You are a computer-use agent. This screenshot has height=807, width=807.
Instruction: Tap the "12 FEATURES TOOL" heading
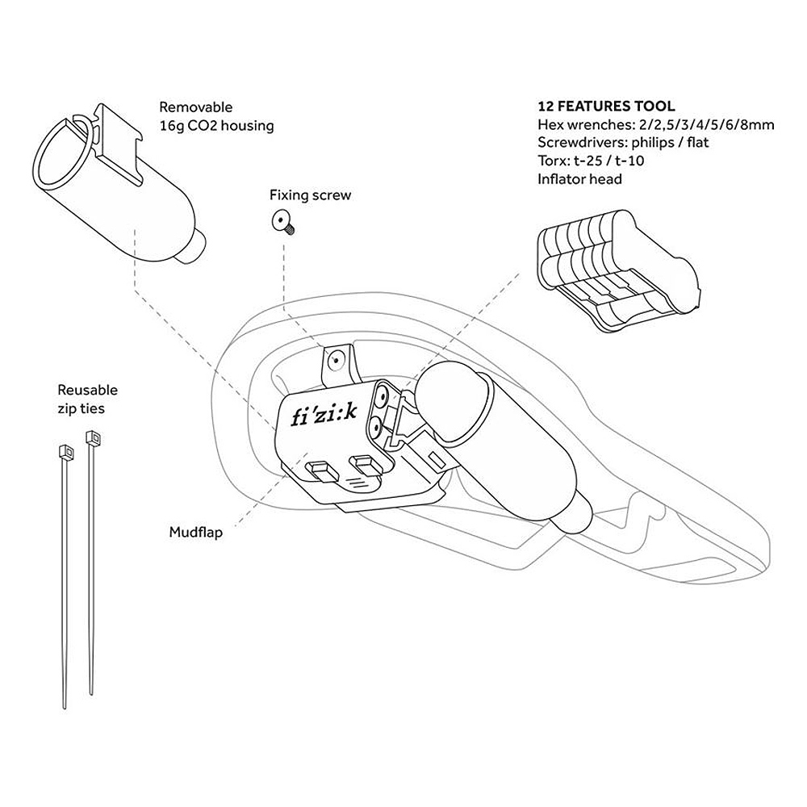[x=606, y=106]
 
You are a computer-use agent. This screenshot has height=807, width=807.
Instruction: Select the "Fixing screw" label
[x=311, y=195]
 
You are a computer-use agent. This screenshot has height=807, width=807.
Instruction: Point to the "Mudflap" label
[x=196, y=532]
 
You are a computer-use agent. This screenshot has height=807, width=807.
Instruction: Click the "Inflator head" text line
[x=579, y=179]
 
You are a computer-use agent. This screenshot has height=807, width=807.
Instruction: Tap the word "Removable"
[x=195, y=107]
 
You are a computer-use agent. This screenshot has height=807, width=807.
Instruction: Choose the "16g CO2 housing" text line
[x=216, y=126]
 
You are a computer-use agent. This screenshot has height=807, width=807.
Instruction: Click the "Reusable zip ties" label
[x=87, y=399]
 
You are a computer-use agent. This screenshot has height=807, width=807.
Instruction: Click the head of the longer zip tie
[x=93, y=437]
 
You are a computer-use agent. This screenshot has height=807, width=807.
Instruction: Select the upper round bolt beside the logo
[x=382, y=395]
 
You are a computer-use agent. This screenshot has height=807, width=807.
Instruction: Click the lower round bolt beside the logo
[x=374, y=427]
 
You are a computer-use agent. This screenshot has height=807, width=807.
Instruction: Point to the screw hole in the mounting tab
[x=336, y=360]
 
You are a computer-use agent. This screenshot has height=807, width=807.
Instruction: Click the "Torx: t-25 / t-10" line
[x=591, y=161]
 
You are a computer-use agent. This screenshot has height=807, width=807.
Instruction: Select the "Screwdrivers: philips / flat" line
[x=623, y=143]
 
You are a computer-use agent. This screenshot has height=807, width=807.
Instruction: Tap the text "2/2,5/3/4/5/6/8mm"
[x=703, y=124]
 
